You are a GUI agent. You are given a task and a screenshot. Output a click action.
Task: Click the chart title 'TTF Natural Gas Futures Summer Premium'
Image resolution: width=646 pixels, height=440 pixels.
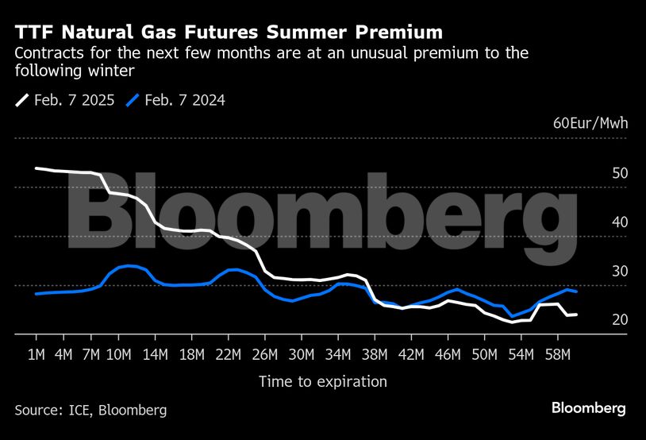(x=229, y=32)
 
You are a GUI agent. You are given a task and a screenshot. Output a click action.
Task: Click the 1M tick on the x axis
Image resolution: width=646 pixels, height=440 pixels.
(x=37, y=353)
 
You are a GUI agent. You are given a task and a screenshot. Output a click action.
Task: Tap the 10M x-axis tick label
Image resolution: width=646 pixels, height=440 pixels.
(x=119, y=353)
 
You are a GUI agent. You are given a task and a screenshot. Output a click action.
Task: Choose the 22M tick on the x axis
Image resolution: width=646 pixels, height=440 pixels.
(x=228, y=353)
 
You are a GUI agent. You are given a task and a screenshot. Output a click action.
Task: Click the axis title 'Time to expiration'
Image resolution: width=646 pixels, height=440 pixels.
(x=323, y=382)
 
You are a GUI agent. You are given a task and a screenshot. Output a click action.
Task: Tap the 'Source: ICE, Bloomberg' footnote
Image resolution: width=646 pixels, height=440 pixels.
(x=90, y=410)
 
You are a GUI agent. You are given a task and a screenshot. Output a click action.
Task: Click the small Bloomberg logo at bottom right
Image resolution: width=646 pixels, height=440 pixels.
(x=589, y=408)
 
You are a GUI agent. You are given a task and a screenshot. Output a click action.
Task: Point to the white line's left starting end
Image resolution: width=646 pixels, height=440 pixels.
(x=37, y=168)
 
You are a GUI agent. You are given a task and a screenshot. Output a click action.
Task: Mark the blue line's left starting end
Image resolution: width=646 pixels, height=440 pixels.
(x=37, y=294)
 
